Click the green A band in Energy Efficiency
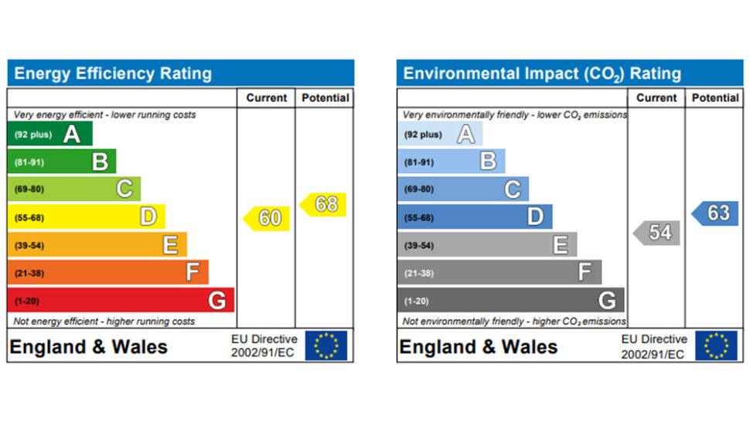(x=50, y=134)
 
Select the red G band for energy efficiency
(x=120, y=300)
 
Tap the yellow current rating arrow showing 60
(x=267, y=218)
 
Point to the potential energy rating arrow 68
(x=323, y=204)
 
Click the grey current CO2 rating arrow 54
(x=657, y=232)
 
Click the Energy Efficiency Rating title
(x=113, y=74)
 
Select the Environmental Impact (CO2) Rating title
(x=542, y=74)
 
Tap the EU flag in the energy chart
(x=326, y=345)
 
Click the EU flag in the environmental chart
(x=715, y=345)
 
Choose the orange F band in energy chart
(x=107, y=272)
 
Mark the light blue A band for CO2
(x=439, y=134)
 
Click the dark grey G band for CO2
(x=510, y=300)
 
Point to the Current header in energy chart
(x=266, y=98)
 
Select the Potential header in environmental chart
(x=714, y=98)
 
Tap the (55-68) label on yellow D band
(x=29, y=218)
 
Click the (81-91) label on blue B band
(x=419, y=162)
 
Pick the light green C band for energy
(x=74, y=189)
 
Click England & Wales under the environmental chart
(x=478, y=347)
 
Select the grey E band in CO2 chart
(x=487, y=245)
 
